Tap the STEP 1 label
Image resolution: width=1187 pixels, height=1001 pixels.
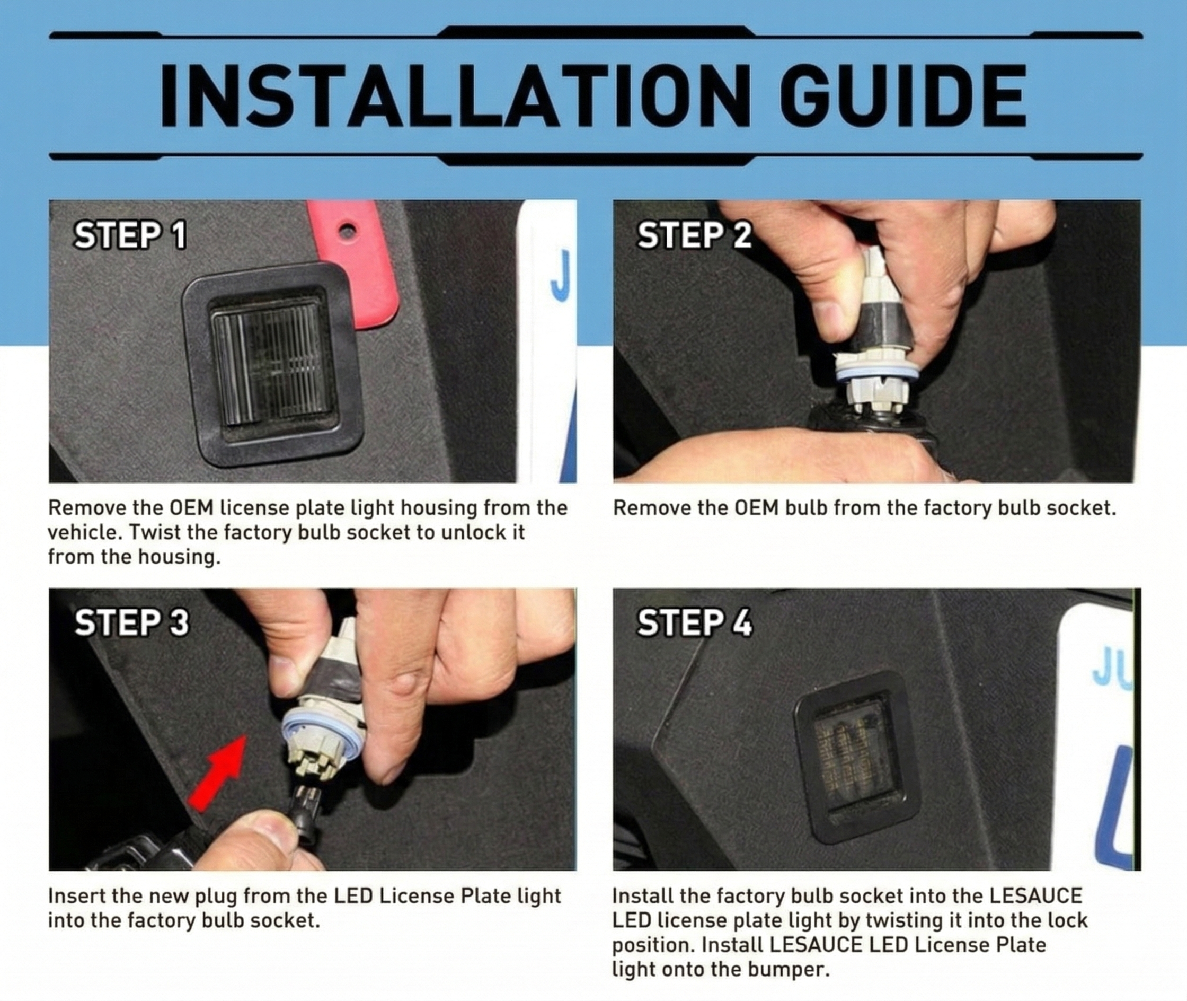point(130,235)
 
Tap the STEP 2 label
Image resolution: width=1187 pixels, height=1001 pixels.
point(695,235)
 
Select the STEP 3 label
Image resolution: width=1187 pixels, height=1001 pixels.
point(131,622)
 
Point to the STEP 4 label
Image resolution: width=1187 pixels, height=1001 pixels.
point(695,622)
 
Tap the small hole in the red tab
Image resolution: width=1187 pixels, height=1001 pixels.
point(347,231)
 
